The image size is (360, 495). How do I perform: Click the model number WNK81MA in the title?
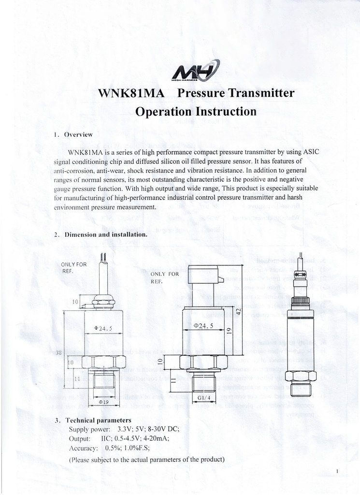131,93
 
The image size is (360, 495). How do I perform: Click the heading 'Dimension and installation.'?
106,234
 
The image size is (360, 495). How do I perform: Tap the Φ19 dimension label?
103,402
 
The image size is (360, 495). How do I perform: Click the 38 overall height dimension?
59,353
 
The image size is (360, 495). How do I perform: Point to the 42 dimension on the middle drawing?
238,311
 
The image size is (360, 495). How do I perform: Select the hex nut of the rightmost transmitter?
300,375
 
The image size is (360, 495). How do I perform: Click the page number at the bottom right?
336,470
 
